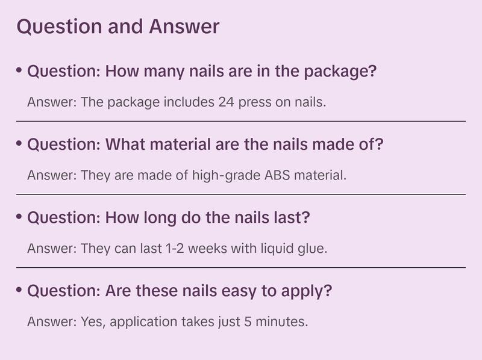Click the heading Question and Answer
[117, 27]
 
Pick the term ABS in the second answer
[274, 175]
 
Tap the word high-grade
[228, 175]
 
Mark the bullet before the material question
[20, 144]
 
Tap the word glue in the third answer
[313, 248]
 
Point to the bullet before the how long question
[20, 217]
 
